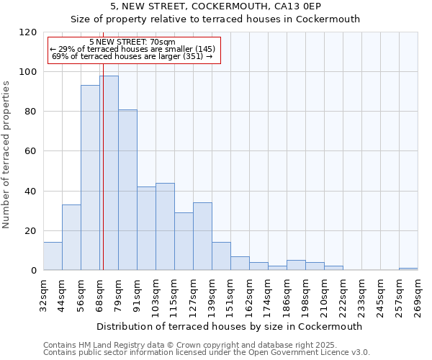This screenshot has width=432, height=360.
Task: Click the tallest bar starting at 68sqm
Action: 109,173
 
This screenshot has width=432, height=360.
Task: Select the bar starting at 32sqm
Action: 53,256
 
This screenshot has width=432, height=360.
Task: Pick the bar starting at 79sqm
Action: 127,190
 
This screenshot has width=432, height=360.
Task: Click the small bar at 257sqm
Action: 408,269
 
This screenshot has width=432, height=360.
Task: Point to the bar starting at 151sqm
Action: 240,264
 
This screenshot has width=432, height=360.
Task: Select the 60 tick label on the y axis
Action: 31,151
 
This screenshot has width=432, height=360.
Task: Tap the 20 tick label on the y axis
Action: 31,230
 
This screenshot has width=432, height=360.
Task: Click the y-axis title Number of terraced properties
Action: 7,155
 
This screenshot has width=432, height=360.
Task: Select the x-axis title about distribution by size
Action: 230,326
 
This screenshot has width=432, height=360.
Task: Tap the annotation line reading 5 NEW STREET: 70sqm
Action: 132,42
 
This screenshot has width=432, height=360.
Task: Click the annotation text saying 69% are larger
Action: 132,56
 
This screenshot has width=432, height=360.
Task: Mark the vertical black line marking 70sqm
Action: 103,180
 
